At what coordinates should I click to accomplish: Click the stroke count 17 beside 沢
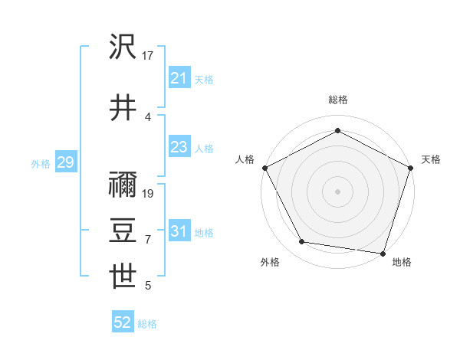coord(149,56)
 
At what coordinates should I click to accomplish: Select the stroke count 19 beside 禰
coord(149,193)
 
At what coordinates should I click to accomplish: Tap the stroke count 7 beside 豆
coord(148,240)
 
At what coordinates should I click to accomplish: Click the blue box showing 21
coord(179,78)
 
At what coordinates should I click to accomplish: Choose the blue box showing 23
coord(179,147)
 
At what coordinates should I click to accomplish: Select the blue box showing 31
coord(179,231)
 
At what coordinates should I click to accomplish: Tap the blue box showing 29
coord(65,162)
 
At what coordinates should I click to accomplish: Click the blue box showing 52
coord(123,323)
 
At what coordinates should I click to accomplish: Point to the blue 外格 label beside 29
coord(41,163)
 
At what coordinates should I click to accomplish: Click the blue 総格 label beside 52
coord(147,324)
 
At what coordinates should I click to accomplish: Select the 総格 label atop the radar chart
coord(337,100)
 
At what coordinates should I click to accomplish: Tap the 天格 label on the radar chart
coord(432,159)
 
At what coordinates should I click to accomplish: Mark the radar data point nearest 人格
coord(264,168)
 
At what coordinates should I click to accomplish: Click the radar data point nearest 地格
coord(383,253)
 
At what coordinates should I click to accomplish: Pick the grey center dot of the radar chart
coord(337,191)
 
